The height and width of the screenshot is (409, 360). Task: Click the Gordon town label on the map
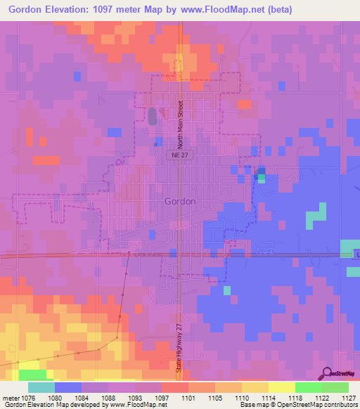click(179, 200)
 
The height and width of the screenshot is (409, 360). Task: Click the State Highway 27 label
click(180, 352)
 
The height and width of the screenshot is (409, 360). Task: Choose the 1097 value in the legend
click(161, 396)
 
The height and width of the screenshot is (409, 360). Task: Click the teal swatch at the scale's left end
click(41, 387)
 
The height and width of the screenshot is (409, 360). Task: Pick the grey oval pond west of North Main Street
click(153, 117)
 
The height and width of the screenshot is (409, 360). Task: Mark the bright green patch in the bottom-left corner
click(31, 374)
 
